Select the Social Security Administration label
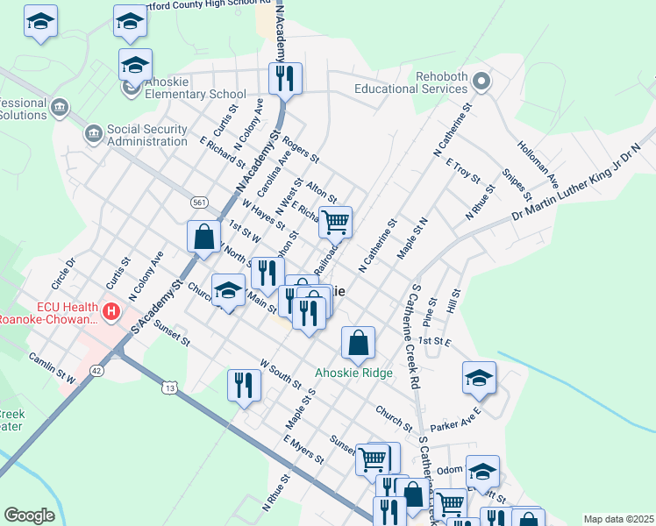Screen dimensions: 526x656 click(x=146, y=135)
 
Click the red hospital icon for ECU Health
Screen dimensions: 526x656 click(x=111, y=311)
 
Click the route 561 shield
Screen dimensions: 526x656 click(x=199, y=203)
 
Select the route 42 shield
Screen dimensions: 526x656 click(x=96, y=371)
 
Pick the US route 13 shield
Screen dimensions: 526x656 click(x=170, y=387)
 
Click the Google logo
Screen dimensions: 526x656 click(x=29, y=515)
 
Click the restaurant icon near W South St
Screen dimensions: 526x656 click(x=244, y=385)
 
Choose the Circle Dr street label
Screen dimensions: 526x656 click(x=64, y=273)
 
